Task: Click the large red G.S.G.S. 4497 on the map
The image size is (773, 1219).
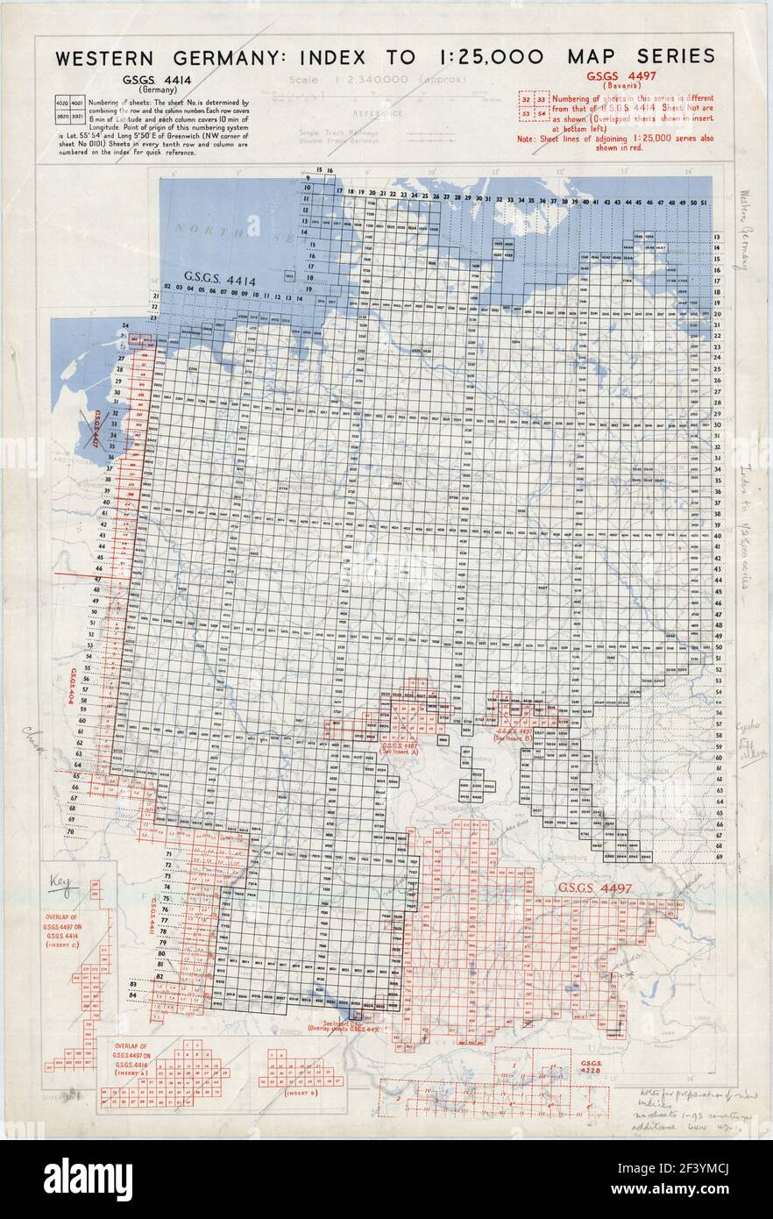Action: click(602, 888)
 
